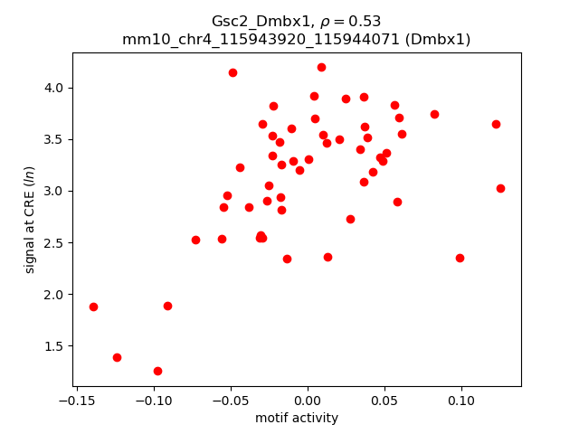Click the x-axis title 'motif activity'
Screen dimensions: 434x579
[297, 418]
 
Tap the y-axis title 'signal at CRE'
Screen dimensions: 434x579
[30, 220]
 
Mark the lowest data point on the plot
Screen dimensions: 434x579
[157, 371]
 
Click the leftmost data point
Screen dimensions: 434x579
[93, 307]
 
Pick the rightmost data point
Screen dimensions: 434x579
[500, 188]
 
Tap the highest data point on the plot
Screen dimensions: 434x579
[321, 67]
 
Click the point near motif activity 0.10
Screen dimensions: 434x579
[460, 258]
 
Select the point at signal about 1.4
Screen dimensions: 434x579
[117, 357]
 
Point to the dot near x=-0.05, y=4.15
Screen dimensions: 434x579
[233, 72]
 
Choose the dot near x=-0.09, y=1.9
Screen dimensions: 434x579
[167, 306]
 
